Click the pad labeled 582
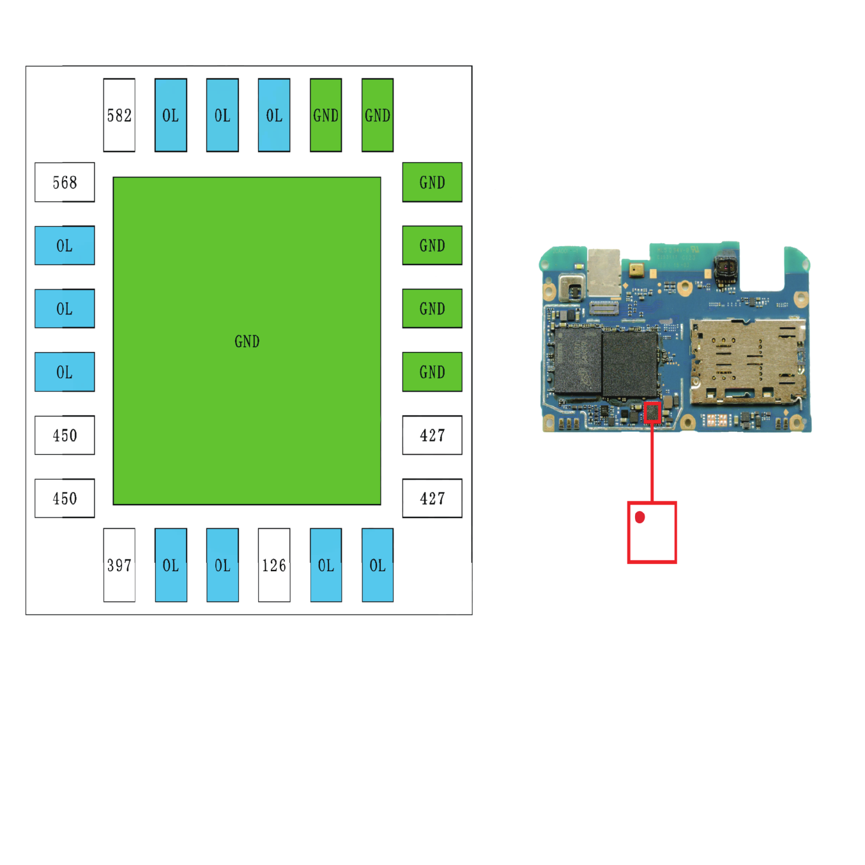click(x=119, y=115)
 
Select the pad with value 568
click(x=65, y=182)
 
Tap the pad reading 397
click(x=119, y=565)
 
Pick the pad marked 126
click(x=274, y=565)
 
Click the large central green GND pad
click(x=247, y=341)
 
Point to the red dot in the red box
click(x=639, y=517)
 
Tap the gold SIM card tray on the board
click(x=747, y=362)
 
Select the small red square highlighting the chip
click(x=652, y=413)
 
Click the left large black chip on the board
click(x=578, y=362)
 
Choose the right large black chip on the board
click(x=630, y=364)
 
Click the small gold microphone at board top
click(x=636, y=270)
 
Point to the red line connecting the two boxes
click(x=652, y=463)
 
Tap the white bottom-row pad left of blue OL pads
click(x=119, y=565)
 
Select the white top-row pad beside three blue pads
click(x=119, y=115)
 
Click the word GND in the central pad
click(x=247, y=342)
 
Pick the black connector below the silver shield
click(x=604, y=308)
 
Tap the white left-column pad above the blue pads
click(x=65, y=182)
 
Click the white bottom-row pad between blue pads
click(x=274, y=565)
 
